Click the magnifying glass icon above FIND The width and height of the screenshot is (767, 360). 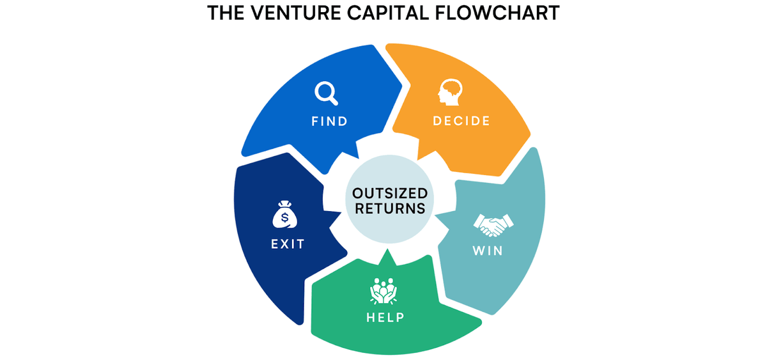click(x=326, y=93)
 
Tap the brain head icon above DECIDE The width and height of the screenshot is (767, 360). click(x=450, y=93)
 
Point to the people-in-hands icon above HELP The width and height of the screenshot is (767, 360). click(x=383, y=291)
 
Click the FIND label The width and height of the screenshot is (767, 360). click(x=329, y=121)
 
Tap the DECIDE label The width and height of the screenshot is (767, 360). click(x=461, y=121)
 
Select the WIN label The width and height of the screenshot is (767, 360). click(x=487, y=250)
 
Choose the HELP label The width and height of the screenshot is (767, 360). click(x=385, y=317)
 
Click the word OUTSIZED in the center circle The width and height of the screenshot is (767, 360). click(x=391, y=194)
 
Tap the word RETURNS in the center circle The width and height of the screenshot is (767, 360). click(x=391, y=208)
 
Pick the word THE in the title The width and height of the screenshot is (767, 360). click(x=227, y=14)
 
